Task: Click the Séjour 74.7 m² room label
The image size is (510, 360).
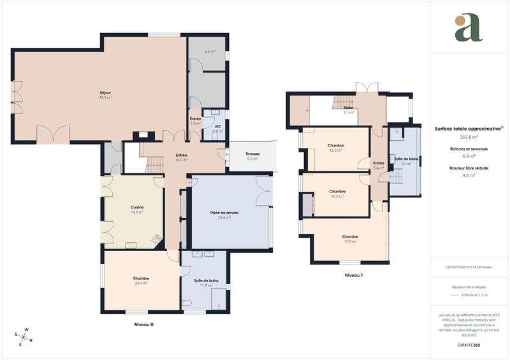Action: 105,96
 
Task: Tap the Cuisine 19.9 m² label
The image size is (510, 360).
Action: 137,210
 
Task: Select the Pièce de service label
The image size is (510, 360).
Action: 224,215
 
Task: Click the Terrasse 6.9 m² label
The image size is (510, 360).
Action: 252,156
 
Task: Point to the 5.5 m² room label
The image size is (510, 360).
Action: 210,52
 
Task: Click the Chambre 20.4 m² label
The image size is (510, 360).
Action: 141,280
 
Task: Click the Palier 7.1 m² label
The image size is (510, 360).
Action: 348,110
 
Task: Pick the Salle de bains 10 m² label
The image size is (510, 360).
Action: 406,161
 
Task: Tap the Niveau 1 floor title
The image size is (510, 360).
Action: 353,275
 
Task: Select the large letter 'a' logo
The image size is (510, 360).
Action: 469,27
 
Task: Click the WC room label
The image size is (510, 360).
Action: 217,128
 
